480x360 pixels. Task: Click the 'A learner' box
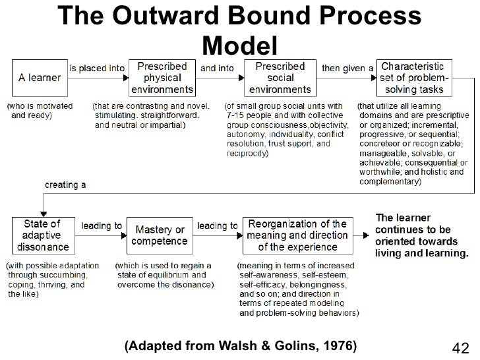[x=40, y=78]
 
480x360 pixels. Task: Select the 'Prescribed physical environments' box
[x=162, y=78]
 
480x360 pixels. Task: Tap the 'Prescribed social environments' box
[x=280, y=78]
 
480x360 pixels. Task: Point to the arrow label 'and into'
[x=217, y=67]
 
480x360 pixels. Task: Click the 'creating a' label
[x=65, y=185]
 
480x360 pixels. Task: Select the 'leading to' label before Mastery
[x=101, y=225]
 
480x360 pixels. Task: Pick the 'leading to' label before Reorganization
[x=218, y=225]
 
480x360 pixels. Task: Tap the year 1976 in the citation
[x=334, y=345]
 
